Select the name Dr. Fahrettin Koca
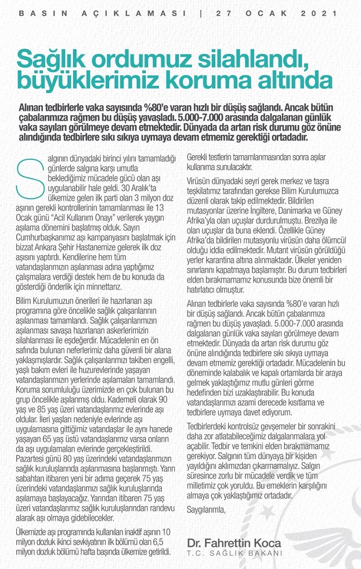pos(234,542)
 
